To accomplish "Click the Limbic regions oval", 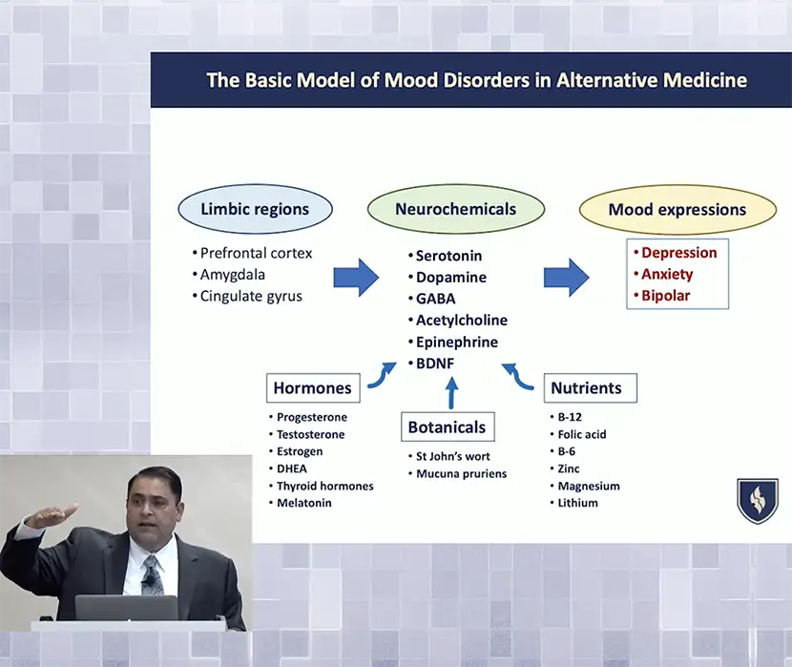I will coord(255,210).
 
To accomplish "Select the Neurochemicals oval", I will coord(455,210).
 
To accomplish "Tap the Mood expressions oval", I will coord(677,210).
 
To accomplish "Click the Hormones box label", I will coord(313,387).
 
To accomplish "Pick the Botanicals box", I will coord(447,427).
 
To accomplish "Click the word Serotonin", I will coord(448,256).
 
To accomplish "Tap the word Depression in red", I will coord(678,253).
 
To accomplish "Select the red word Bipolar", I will coord(665,296).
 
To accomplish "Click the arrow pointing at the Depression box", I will coord(567,277).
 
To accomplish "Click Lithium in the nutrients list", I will coord(577,503).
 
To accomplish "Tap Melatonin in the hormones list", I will coord(303,503).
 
